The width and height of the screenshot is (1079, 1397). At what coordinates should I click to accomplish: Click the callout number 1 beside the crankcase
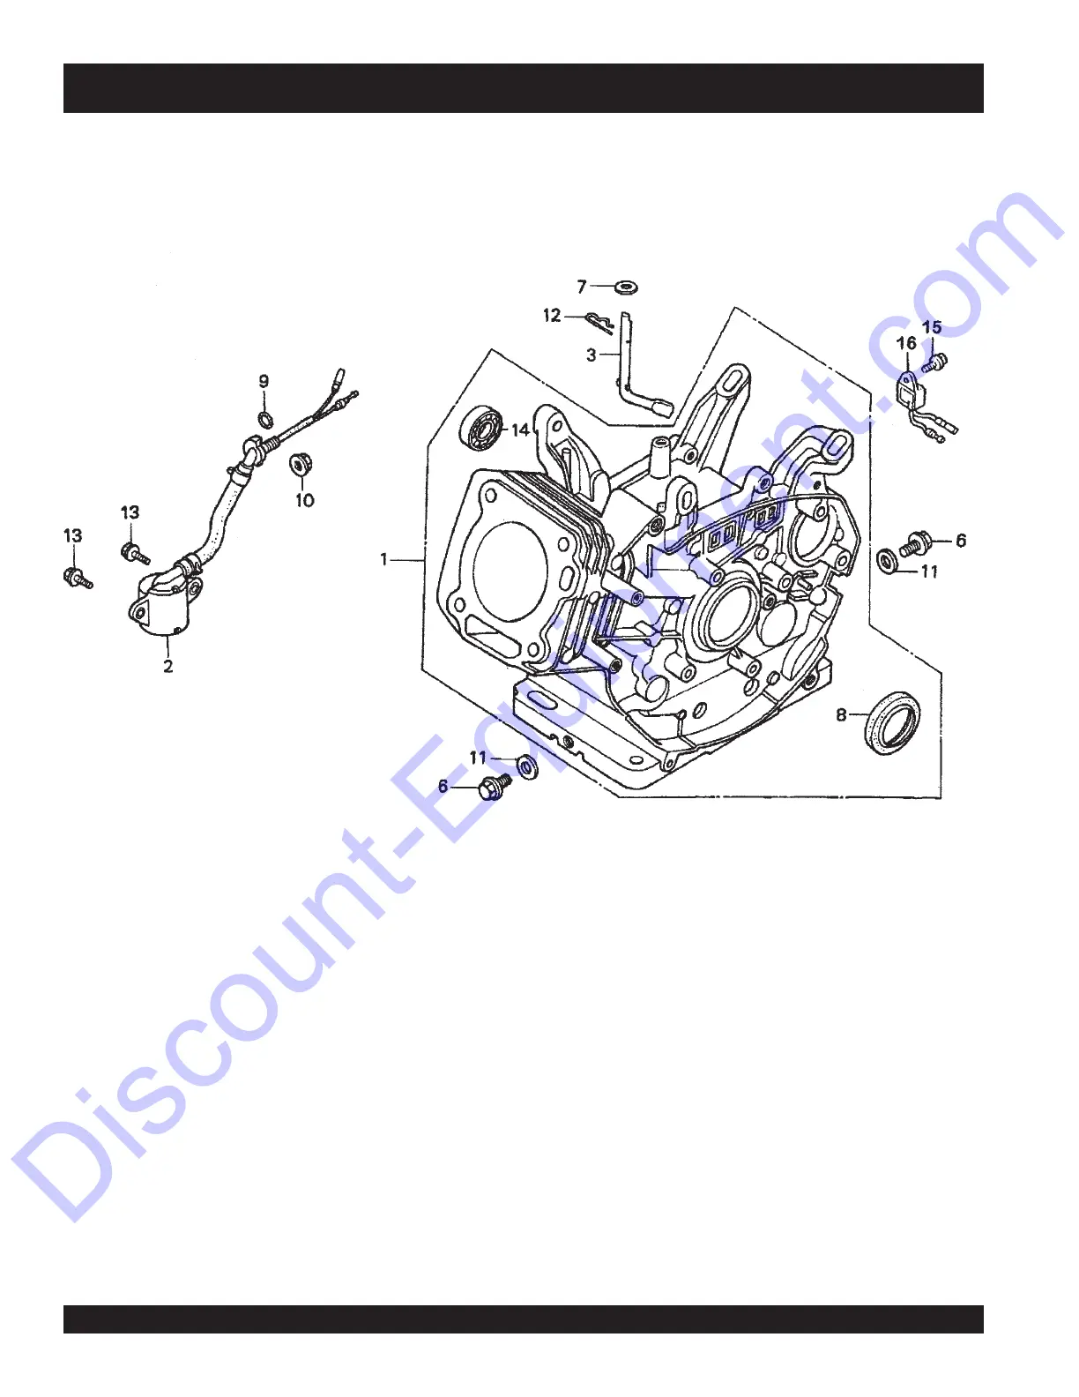point(383,559)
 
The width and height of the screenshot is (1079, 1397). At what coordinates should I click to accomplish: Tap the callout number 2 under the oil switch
point(167,666)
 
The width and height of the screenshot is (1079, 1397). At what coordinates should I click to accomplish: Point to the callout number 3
point(592,355)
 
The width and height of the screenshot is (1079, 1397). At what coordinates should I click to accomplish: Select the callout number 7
point(582,287)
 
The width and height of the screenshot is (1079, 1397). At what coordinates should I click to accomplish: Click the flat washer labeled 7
point(628,287)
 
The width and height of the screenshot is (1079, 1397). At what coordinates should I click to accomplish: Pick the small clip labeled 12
point(599,321)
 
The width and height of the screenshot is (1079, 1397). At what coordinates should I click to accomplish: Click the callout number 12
point(552,315)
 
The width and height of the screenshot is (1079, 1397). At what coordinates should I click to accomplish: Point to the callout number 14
point(521,430)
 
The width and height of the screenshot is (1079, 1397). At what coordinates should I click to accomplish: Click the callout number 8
point(841,714)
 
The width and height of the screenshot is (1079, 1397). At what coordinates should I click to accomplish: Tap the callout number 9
point(264,382)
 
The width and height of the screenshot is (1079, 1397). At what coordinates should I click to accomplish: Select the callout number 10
point(304,500)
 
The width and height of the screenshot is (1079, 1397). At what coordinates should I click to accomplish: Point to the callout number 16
point(906,343)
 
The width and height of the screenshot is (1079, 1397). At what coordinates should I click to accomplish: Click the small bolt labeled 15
point(938,361)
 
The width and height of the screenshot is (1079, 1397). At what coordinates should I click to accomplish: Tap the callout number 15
point(932,327)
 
